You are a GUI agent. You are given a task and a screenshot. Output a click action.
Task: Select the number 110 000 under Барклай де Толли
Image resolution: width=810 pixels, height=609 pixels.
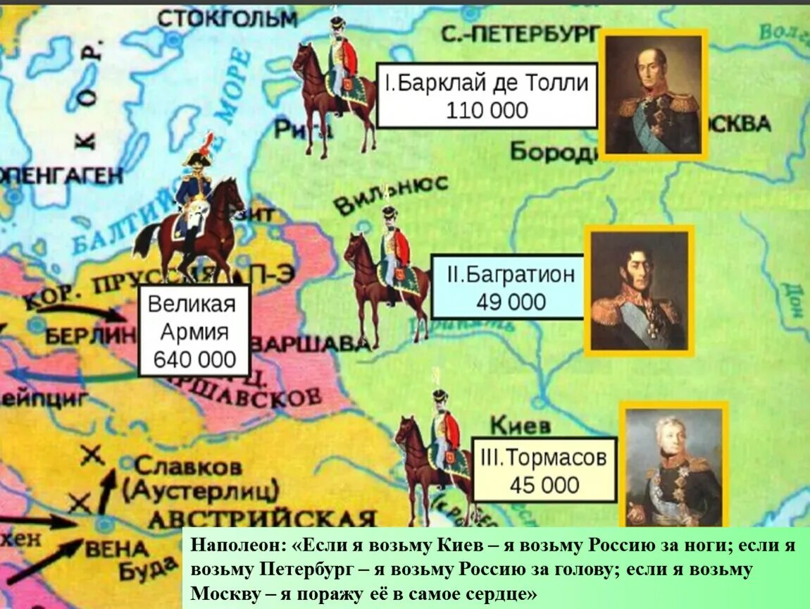coord(487,110)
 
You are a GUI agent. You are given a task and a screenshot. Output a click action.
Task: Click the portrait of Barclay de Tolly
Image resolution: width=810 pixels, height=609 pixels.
coord(654,95)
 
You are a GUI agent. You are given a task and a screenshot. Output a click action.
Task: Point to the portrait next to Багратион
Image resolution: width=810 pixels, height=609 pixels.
coord(639,290)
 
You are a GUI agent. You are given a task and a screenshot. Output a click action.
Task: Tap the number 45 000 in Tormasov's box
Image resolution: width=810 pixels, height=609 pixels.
coord(544,485)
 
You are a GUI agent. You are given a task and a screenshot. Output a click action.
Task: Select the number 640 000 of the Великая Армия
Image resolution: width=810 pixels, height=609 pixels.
coord(195,359)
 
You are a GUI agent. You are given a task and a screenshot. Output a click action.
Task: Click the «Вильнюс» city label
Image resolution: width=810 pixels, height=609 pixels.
coord(390,195)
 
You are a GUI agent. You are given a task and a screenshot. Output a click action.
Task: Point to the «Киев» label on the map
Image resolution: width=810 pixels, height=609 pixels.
coord(519,426)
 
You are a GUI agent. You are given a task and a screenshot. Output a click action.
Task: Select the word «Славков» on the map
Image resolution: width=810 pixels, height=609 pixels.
coord(187,466)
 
